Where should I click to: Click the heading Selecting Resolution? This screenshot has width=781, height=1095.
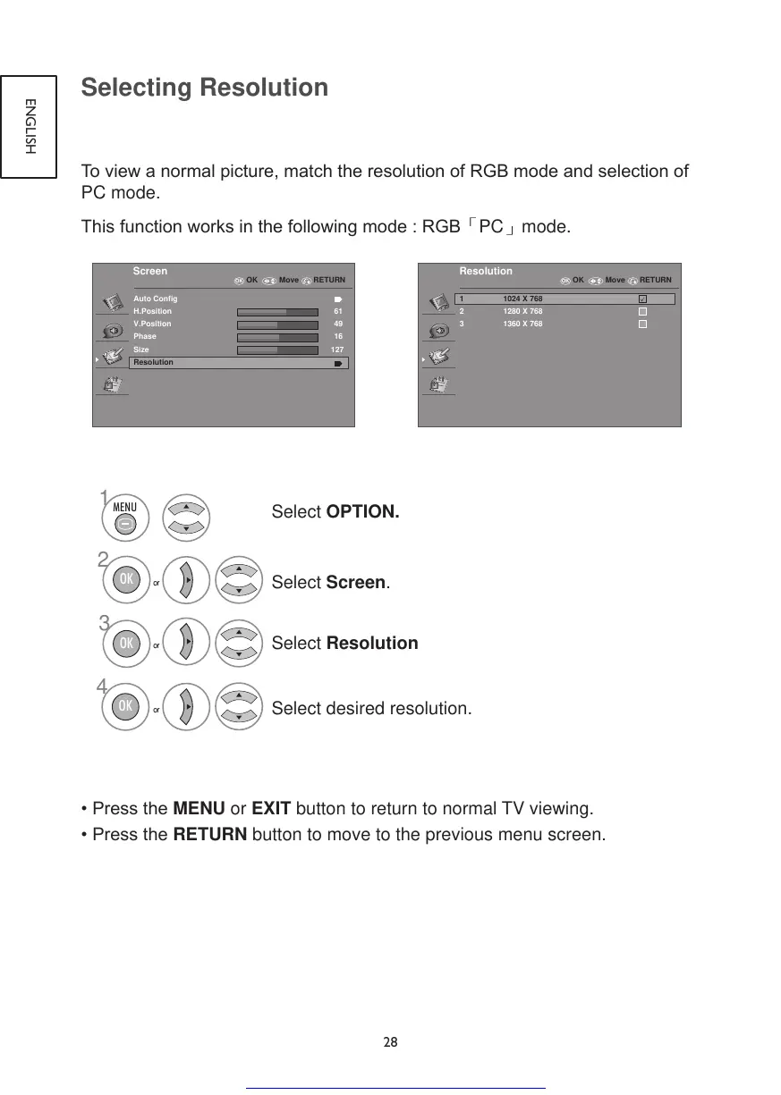[204, 88]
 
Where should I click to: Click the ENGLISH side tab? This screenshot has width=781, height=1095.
[30, 125]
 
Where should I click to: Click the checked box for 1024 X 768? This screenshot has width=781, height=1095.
[642, 299]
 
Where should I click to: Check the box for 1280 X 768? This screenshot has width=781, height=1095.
[642, 311]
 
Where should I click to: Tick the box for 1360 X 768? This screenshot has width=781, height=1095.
[642, 324]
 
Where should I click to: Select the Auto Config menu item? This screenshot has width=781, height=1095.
[156, 299]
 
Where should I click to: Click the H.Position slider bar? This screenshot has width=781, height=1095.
[277, 311]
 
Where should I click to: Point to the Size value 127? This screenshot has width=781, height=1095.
[335, 350]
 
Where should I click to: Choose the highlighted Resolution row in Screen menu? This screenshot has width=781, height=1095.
[238, 363]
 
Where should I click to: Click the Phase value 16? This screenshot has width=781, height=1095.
[338, 336]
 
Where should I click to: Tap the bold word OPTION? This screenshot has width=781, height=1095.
[362, 512]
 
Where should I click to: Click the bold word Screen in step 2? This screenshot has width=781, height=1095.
[355, 583]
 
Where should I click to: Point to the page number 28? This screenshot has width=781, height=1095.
[391, 1042]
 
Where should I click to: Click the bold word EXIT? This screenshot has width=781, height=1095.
[271, 810]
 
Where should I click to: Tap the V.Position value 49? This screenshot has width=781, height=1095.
[338, 324]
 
